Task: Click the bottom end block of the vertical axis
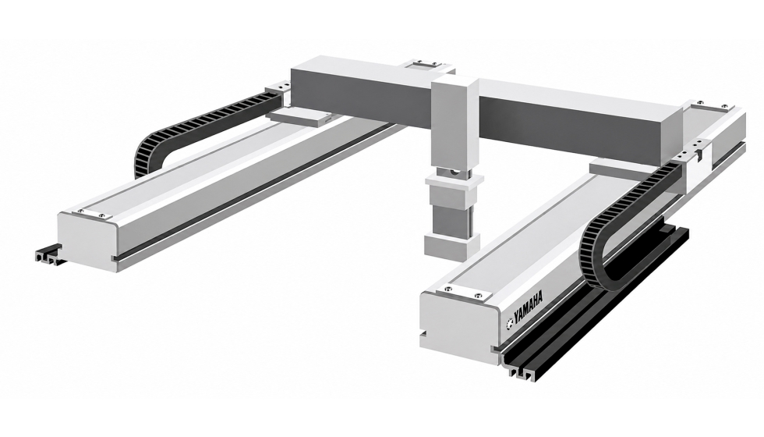coord(452,244)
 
